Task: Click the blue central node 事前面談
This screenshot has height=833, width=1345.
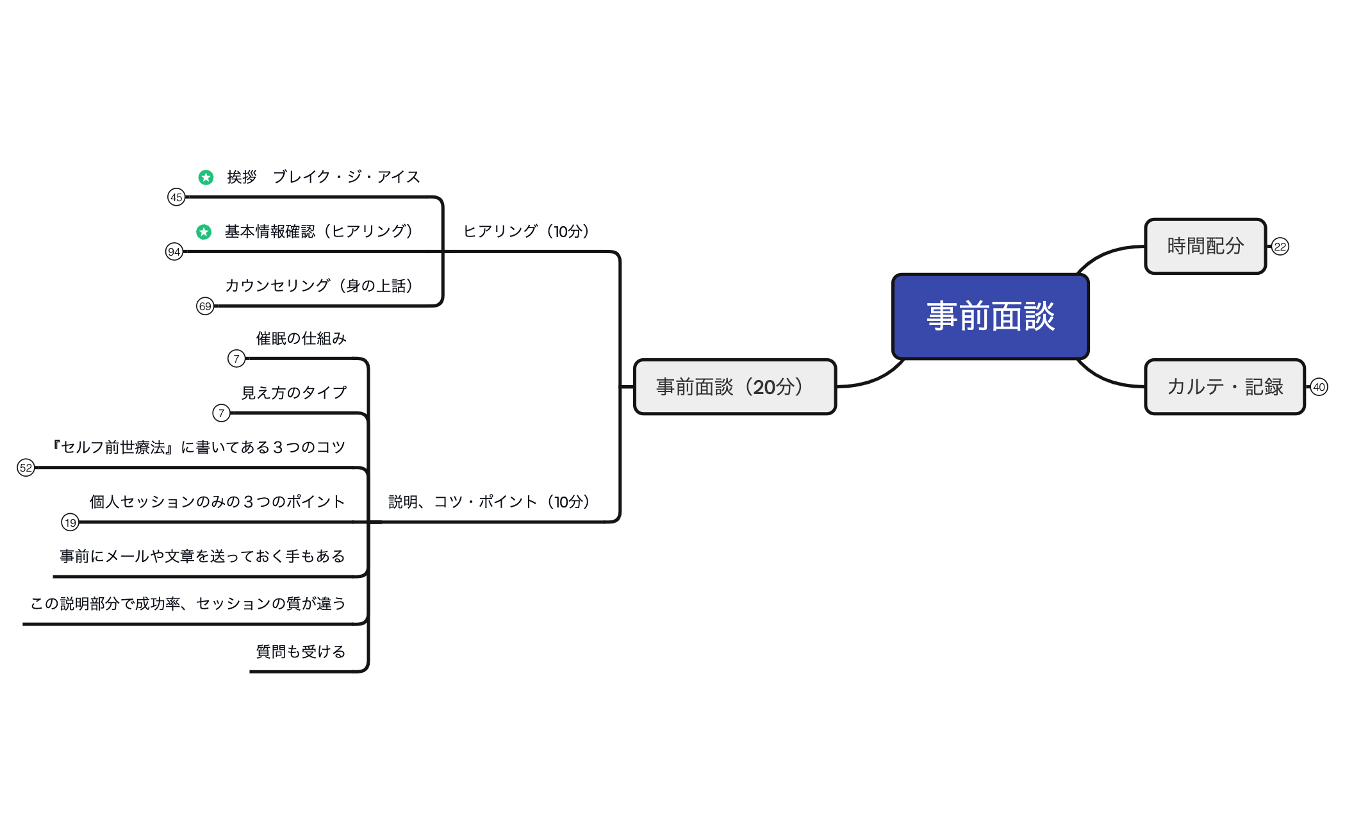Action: [990, 317]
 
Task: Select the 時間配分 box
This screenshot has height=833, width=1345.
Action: [1205, 246]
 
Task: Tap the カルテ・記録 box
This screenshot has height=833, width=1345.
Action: [1225, 386]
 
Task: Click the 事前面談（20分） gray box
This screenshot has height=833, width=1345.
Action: [734, 386]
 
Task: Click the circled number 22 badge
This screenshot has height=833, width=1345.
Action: [1280, 247]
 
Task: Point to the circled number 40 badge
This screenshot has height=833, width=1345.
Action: [1319, 387]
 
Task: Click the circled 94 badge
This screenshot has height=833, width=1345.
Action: [174, 252]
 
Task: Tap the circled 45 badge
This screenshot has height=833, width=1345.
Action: [176, 197]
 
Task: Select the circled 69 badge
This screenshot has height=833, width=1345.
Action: [204, 306]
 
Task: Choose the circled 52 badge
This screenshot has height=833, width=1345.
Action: [26, 468]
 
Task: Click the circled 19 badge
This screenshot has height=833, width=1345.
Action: [70, 522]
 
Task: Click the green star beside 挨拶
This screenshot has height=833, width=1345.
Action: [206, 177]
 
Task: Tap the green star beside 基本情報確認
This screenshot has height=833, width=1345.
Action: [204, 231]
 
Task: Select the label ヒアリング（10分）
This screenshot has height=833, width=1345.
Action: [526, 231]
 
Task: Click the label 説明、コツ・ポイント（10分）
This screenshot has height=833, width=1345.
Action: [489, 502]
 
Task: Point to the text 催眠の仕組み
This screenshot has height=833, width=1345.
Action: [301, 338]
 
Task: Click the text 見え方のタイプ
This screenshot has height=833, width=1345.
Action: [294, 393]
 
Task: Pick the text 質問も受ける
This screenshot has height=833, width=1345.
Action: [301, 652]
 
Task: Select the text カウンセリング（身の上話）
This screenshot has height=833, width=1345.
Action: [319, 286]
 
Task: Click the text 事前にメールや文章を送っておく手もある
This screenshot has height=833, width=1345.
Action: [202, 556]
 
